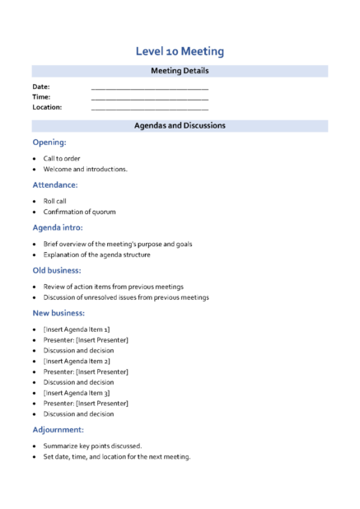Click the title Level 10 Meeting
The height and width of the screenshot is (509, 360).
coord(180,52)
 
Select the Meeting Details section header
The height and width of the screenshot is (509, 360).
coord(180,72)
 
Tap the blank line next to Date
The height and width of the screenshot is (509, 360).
coord(149,86)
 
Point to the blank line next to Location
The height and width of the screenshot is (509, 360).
coord(149,107)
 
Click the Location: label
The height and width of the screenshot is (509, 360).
coord(47,107)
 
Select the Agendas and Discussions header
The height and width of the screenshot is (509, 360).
coord(180,126)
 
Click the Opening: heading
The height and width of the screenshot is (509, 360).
coord(49,142)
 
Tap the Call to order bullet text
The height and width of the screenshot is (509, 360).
coord(62,158)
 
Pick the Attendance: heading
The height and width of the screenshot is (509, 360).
coord(55,184)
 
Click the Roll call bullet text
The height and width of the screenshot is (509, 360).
coord(54,200)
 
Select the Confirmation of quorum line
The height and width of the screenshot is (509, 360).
coord(79,212)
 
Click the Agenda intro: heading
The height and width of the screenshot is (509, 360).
coord(58,227)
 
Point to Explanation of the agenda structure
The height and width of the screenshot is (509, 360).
coord(96,254)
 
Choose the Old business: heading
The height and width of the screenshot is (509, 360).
coord(57,270)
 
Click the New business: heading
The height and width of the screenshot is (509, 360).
coord(58,313)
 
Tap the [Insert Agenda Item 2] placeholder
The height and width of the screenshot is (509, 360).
coord(77,361)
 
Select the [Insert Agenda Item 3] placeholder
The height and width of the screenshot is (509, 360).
coord(77,393)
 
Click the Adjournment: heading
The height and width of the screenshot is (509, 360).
coord(58,430)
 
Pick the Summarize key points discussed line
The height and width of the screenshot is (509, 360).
coord(92,446)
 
